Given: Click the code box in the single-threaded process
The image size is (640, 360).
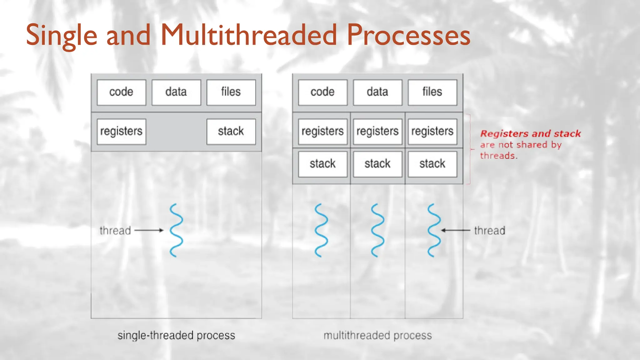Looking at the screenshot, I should pos(121,92).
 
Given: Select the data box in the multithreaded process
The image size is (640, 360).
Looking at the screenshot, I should pos(377,92).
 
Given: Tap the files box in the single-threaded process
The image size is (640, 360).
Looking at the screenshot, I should pos(231,92).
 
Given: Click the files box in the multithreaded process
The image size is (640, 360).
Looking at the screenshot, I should pos(432,92).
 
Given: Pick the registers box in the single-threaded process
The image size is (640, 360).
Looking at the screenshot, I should pos(121,131).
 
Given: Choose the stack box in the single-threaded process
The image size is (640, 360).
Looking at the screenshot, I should pos(231,131).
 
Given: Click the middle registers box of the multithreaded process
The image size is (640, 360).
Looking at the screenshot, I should pos(377,131).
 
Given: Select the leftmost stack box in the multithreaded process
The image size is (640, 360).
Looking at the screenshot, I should pos(322,164).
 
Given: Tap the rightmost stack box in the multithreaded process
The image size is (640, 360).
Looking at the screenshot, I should pos(432,164).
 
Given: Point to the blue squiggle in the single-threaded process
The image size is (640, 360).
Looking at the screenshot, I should pos(176,230).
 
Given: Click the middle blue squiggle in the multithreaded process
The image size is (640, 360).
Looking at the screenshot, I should pos(377,230).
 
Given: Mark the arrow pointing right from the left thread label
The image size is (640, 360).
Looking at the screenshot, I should pos(149,230).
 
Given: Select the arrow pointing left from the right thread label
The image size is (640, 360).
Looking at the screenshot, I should pos(456,230).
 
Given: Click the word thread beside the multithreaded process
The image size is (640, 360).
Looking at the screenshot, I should pos(489,231).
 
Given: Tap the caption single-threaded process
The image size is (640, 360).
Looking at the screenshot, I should pos(176,335).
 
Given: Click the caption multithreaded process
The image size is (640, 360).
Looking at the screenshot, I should pos(377,335).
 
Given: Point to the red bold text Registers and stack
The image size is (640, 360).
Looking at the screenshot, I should pos(530,134).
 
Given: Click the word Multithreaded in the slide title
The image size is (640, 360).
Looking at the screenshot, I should pos(249,35).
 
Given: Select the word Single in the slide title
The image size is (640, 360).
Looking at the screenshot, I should pos(62,35).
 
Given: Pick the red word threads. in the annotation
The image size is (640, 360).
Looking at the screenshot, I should pos(498,156).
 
